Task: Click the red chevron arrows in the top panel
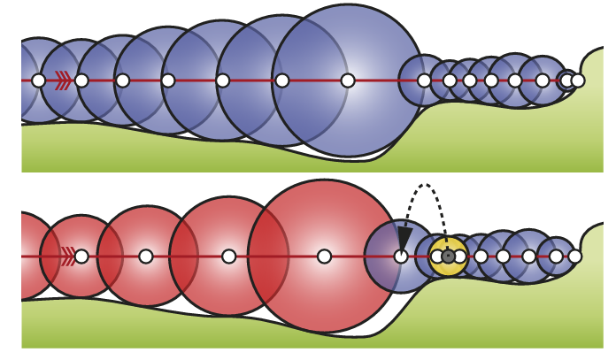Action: (63, 80)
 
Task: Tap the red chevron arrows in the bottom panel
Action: (67, 257)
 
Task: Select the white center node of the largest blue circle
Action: (348, 80)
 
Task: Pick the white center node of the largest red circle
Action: (324, 257)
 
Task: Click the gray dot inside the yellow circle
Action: (448, 257)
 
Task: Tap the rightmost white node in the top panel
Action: (578, 80)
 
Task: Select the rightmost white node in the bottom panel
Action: (574, 257)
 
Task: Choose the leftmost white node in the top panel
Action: (38, 80)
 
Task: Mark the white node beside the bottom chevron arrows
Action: (81, 257)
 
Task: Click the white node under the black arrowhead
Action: (401, 257)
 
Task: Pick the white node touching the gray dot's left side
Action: (437, 257)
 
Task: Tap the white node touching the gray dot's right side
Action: (459, 257)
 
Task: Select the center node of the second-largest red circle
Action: (228, 257)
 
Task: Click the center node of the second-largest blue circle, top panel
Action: (281, 80)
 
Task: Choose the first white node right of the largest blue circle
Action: (424, 80)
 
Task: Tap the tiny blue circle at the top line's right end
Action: (566, 80)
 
